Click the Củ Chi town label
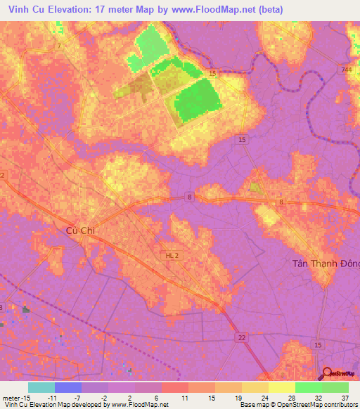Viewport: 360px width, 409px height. [79, 230]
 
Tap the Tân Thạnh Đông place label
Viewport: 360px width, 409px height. [326, 264]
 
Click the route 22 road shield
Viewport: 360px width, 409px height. [242, 338]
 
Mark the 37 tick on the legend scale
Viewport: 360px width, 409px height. [345, 397]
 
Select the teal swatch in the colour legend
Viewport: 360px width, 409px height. [41, 387]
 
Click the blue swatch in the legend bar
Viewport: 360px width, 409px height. [68, 387]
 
